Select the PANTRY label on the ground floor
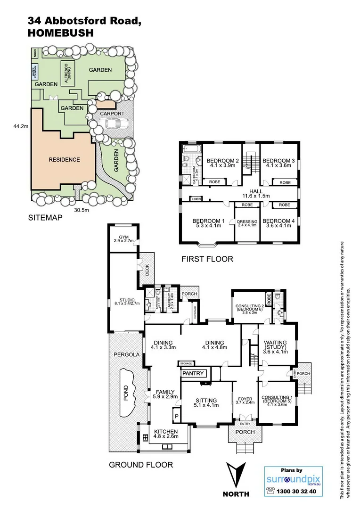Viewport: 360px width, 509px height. tap(194, 374)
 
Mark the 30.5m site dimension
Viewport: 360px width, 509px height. tap(82, 210)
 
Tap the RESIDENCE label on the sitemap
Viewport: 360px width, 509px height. tap(65, 159)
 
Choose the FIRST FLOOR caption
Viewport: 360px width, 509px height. tap(207, 259)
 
